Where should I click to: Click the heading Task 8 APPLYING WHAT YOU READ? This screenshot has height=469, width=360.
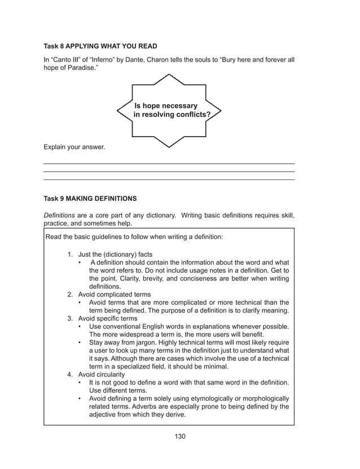pyautogui.click(x=100, y=46)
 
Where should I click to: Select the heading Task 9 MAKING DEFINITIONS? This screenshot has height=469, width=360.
pyautogui.click(x=90, y=199)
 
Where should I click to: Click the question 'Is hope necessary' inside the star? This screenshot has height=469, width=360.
pyautogui.click(x=166, y=106)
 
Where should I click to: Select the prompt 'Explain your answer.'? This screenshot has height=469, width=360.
pyautogui.click(x=74, y=147)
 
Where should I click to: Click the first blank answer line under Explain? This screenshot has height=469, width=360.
pyautogui.click(x=169, y=163)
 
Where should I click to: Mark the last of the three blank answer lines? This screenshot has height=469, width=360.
pyautogui.click(x=169, y=179)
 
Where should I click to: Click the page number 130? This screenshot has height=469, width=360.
pyautogui.click(x=180, y=436)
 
